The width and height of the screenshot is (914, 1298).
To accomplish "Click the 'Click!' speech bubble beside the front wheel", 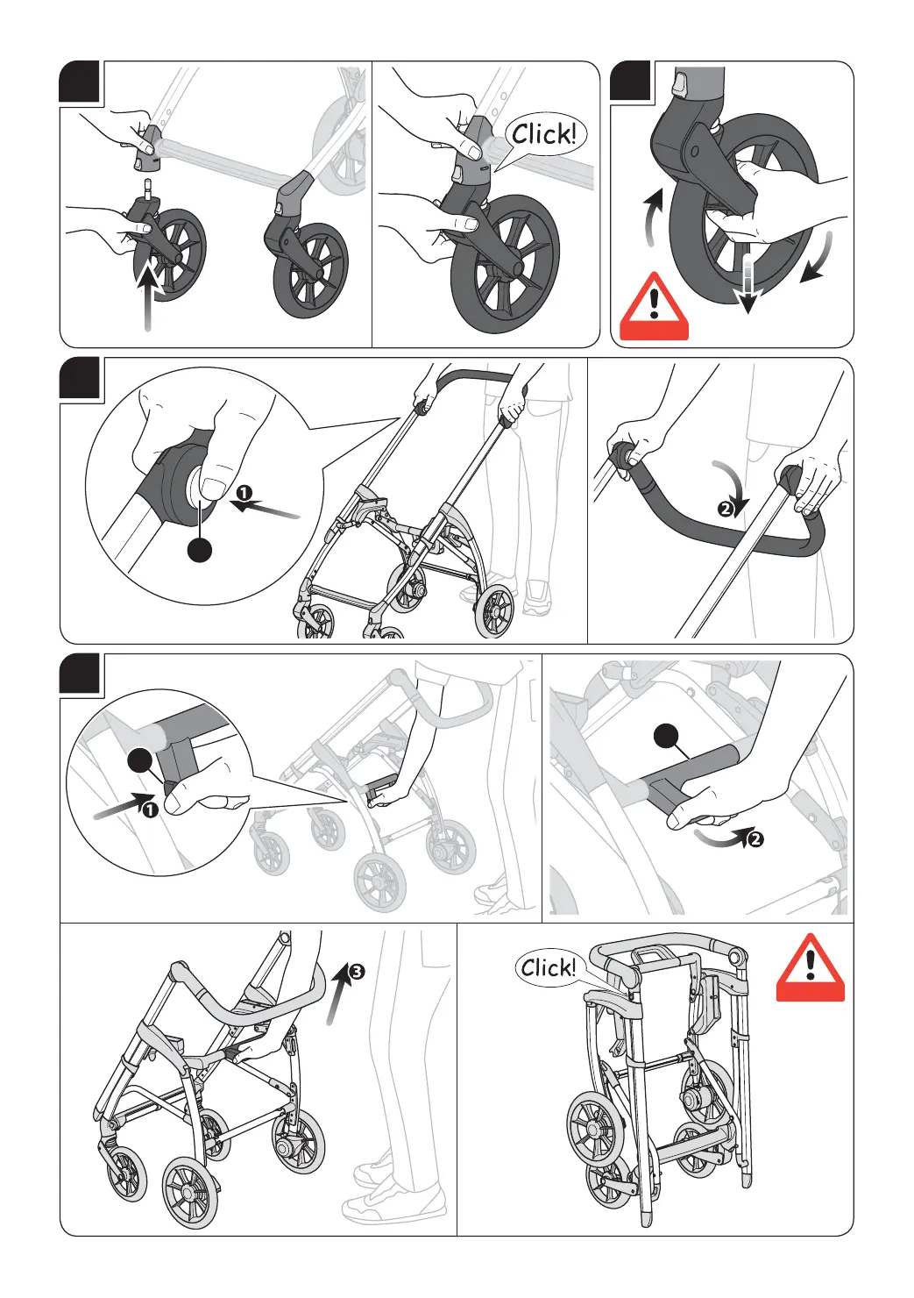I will [x=544, y=135].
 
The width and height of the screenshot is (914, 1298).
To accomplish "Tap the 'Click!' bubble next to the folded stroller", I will [x=548, y=968].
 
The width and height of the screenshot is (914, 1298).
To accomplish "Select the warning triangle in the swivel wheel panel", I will [x=654, y=307].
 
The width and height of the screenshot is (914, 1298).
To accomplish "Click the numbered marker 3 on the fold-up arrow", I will [x=357, y=972].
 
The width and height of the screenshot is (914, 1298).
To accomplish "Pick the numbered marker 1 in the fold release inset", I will [x=150, y=809].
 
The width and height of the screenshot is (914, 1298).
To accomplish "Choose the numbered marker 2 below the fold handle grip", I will [x=755, y=839].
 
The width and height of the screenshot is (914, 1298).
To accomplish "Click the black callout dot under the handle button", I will [x=201, y=550].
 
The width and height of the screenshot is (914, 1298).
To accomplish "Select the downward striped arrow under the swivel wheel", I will [x=746, y=283].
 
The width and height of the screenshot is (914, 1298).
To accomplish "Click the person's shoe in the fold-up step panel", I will [x=394, y=1203].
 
